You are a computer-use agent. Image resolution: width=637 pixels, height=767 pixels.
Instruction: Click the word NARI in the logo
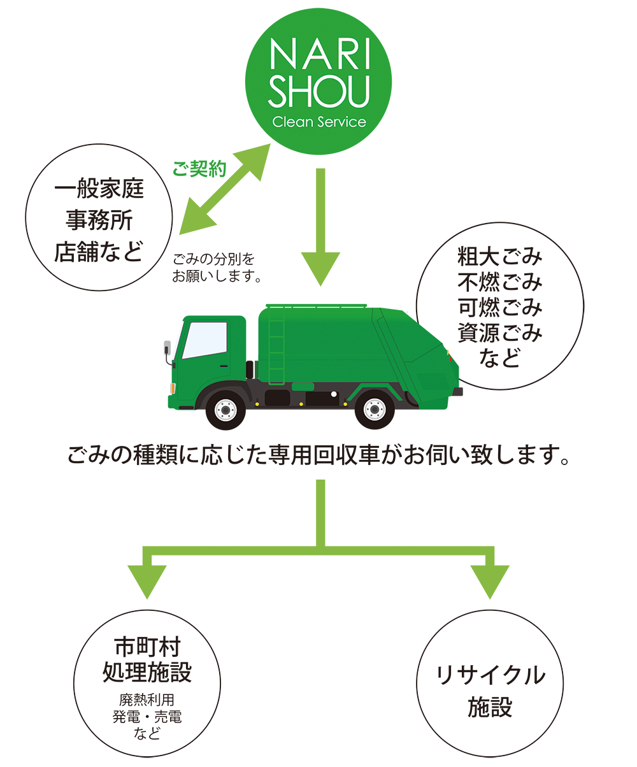[x=318, y=55]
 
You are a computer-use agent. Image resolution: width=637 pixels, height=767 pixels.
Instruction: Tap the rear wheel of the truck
[x=374, y=409]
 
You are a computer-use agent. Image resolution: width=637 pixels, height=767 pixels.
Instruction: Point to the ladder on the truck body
[x=276, y=344]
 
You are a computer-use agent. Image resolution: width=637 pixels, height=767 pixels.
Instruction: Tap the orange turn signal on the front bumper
[x=173, y=387]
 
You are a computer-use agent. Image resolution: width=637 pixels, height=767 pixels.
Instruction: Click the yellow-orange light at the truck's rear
[x=452, y=349]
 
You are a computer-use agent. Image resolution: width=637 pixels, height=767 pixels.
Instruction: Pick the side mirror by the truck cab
[x=168, y=352]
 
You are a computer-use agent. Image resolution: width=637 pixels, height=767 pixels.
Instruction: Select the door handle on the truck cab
[x=223, y=366]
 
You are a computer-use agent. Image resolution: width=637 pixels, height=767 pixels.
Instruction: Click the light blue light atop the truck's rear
[x=409, y=308]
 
